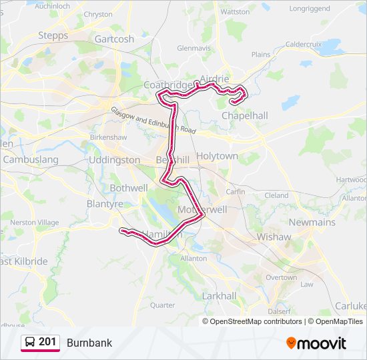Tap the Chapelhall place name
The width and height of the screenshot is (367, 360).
coord(244,115)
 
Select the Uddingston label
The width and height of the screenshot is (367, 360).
coord(114,160)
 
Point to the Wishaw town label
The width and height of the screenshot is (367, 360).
coord(274,237)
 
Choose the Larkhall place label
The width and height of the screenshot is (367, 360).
coord(219,295)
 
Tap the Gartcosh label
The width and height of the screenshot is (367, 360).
coord(114,39)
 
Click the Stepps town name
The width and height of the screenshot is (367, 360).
coord(53,35)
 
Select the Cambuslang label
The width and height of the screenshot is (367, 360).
coord(31,160)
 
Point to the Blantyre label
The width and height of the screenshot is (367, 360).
coord(105,204)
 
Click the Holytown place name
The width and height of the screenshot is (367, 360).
coord(217,155)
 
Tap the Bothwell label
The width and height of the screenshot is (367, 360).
coord(129,188)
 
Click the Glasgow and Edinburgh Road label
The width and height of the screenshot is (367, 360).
coord(153,121)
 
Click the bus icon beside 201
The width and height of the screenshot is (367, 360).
coord(31,343)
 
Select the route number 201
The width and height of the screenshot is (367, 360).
coord(48,342)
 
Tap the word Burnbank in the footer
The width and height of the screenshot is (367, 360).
coord(89,343)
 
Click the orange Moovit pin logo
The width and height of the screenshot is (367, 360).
coord(291,343)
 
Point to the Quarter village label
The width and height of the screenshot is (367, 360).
coord(162,305)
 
